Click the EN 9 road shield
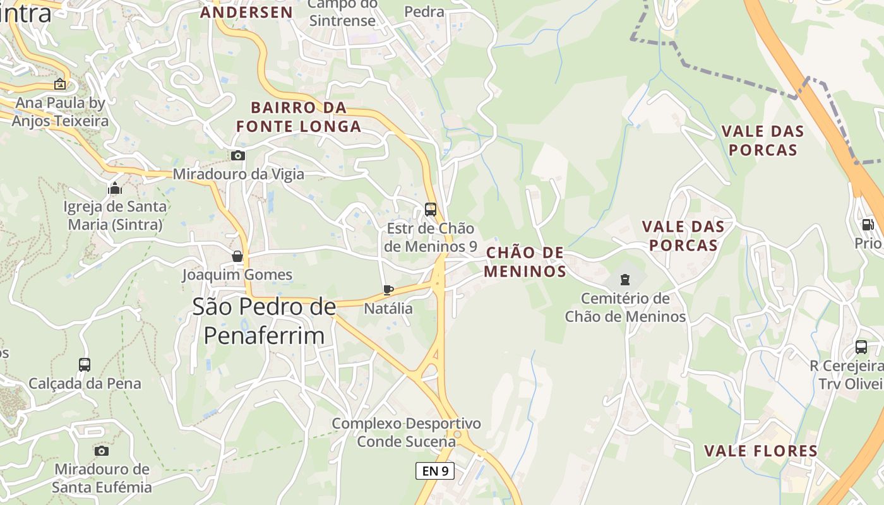(x=435, y=470)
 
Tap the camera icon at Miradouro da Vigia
(x=237, y=155)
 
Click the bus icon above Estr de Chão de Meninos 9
(x=431, y=209)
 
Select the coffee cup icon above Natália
(x=388, y=290)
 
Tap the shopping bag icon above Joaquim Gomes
(x=237, y=256)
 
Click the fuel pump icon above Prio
(x=868, y=224)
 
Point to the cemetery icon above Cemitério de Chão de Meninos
(x=624, y=279)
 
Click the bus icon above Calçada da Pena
(x=84, y=364)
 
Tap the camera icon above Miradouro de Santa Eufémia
(x=101, y=450)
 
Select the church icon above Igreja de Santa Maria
(x=115, y=187)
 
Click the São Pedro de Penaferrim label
(x=264, y=321)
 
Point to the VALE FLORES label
(x=761, y=451)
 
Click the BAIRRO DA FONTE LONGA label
(x=299, y=117)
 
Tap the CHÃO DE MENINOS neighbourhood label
(x=525, y=262)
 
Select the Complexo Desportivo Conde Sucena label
(x=406, y=432)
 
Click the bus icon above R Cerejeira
(x=861, y=347)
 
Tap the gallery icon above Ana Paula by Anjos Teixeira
(x=59, y=83)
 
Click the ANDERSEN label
(x=246, y=12)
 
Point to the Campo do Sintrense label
(x=342, y=13)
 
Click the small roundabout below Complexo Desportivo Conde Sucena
(x=457, y=434)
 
